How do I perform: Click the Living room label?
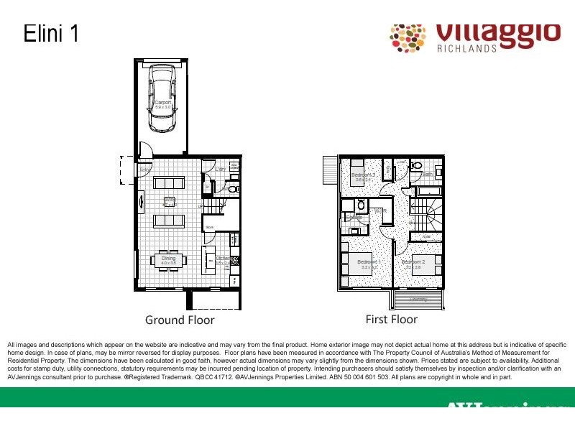pos(170,201)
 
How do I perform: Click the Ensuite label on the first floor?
pos(353,217)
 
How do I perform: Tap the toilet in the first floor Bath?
pos(416,166)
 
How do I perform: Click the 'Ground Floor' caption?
pos(180,320)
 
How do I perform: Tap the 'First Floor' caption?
pos(391,319)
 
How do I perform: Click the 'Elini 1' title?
pos(51,34)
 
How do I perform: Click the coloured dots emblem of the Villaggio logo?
pos(408,37)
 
